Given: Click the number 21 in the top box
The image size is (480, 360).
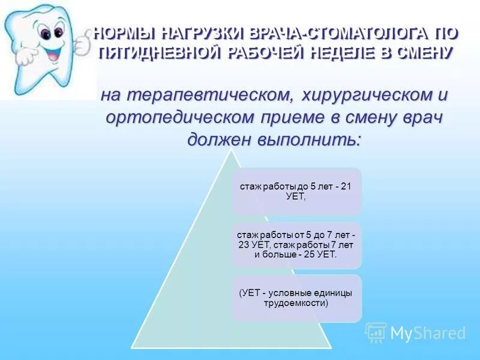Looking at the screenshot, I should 346,187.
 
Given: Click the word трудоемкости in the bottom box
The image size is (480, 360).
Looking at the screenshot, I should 297,303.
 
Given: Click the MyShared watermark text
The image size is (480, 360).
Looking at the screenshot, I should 428,333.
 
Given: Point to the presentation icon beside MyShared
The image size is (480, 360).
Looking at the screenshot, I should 376,332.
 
